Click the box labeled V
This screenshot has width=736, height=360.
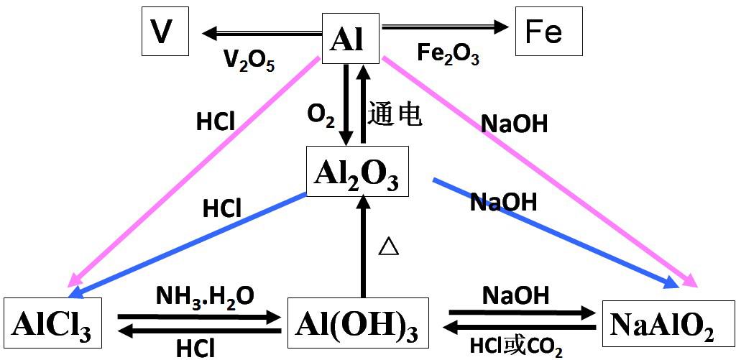point(165,33)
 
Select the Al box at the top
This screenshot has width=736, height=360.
point(349,37)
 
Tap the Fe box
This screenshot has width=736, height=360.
point(548,33)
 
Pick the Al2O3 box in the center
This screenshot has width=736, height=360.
point(357,172)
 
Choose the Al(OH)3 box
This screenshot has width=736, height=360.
point(356,324)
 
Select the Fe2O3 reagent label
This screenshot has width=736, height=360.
point(448,55)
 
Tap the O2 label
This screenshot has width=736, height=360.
point(321,114)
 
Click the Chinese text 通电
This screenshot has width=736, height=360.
point(395,114)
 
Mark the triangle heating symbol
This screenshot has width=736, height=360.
point(388,246)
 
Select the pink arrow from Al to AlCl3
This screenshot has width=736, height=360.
point(194,172)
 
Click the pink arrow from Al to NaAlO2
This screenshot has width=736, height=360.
point(539,172)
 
